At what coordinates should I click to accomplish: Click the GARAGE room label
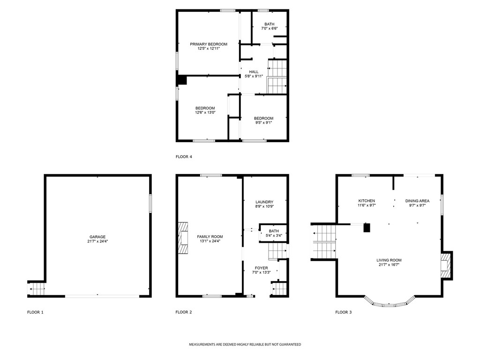click(97, 237)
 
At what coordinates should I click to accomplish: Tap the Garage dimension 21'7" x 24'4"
click(97, 241)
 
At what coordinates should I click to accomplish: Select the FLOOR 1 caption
click(35, 312)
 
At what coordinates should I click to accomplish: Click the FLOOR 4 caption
click(184, 157)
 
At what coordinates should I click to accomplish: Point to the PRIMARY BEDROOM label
click(209, 44)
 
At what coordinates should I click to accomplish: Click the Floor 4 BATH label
click(269, 24)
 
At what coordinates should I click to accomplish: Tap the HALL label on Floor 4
click(254, 72)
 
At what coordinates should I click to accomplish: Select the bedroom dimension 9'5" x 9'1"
click(263, 123)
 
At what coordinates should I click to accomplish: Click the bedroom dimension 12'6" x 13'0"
click(205, 112)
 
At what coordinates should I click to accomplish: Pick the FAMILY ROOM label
click(210, 237)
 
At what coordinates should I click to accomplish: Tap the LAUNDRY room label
click(264, 202)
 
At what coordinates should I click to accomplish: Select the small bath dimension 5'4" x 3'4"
click(274, 235)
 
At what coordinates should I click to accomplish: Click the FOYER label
click(262, 268)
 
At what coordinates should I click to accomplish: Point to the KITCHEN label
click(366, 201)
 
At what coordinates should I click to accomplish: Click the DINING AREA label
click(417, 201)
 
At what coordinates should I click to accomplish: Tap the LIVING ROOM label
click(389, 260)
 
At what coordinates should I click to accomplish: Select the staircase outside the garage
click(37, 289)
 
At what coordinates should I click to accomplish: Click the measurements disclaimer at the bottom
click(245, 345)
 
